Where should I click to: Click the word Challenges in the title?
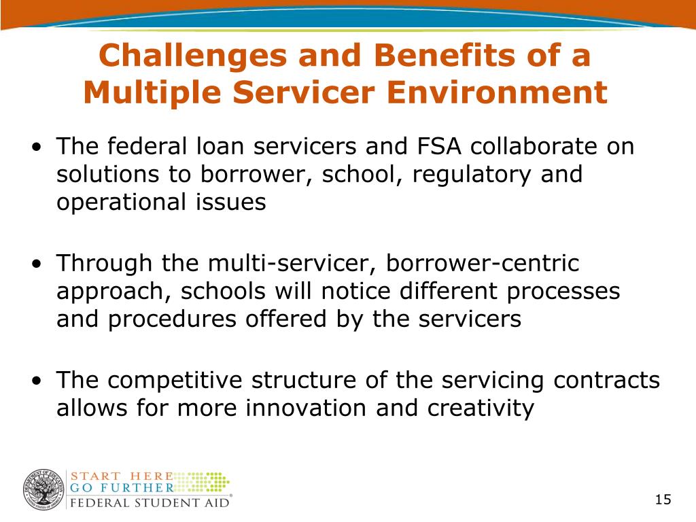pos(193,56)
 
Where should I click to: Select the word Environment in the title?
pos(496,92)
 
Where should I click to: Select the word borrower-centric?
pos(483,263)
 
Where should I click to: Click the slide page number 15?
pos(663,500)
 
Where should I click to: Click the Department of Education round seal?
pos(43,489)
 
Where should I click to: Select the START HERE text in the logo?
pos(122,476)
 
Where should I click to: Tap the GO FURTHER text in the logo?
pos(122,488)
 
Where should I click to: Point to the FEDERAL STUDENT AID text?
pos(150,503)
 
